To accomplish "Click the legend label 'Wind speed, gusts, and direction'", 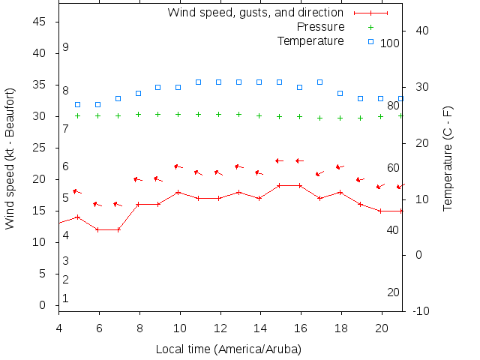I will (255, 13).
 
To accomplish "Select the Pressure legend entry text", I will (320, 27).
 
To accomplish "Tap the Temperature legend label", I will (310, 40).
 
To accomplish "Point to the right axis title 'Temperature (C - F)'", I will (448, 158).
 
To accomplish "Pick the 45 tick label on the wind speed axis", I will (40, 22).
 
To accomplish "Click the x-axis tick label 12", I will (219, 328).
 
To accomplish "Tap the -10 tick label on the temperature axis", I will (421, 311).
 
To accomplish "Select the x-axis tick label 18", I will (340, 328).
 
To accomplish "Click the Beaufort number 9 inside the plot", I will (66, 47).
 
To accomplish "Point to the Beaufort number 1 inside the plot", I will (66, 298).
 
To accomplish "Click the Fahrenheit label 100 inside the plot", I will (390, 43).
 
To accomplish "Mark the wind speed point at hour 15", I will (280, 185).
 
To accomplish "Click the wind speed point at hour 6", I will (98, 229).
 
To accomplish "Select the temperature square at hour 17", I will (320, 82).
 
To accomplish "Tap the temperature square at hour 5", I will (78, 104).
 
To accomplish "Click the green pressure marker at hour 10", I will (178, 115).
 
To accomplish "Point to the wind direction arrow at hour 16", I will (299, 160).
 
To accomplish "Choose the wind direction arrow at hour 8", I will (137, 179).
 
